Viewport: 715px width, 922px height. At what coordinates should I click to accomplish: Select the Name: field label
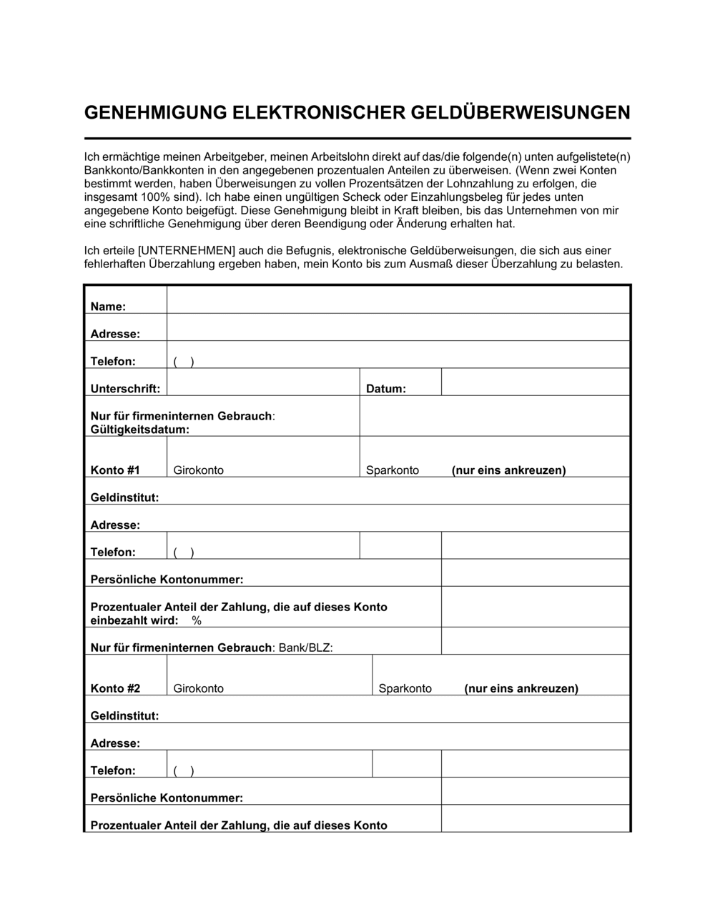pos(108,307)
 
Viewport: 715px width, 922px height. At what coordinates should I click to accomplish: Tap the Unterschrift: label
pos(125,389)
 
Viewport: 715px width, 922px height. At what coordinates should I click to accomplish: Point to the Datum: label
pos(386,389)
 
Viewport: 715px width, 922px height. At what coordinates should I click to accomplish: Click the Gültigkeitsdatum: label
pos(140,430)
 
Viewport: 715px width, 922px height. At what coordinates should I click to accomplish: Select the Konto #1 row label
pos(115,470)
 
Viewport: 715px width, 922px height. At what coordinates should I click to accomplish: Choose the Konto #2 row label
pos(115,689)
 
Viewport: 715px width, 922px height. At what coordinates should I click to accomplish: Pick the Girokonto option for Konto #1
pos(198,470)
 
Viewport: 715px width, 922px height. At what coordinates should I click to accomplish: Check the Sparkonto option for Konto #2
pos(405,689)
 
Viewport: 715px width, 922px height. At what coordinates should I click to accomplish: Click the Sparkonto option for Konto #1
pos(393,470)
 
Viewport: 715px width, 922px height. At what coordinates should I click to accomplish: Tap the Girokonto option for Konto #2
pos(198,689)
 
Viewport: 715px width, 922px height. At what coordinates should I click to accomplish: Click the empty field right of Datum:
pos(535,382)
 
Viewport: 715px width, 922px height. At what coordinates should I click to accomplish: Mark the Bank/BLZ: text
pos(305,648)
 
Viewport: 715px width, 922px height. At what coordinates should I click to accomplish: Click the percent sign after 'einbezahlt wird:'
pos(197,621)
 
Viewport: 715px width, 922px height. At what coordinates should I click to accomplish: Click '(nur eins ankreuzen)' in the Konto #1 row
pos(508,470)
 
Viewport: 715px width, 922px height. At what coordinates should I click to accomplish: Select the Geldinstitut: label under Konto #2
pos(124,715)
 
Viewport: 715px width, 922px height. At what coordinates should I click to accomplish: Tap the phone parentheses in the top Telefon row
pos(184,362)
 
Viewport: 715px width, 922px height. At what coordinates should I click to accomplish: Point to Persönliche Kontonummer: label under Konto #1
pos(167,580)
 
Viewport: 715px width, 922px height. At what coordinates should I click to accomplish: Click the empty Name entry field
pos(398,300)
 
